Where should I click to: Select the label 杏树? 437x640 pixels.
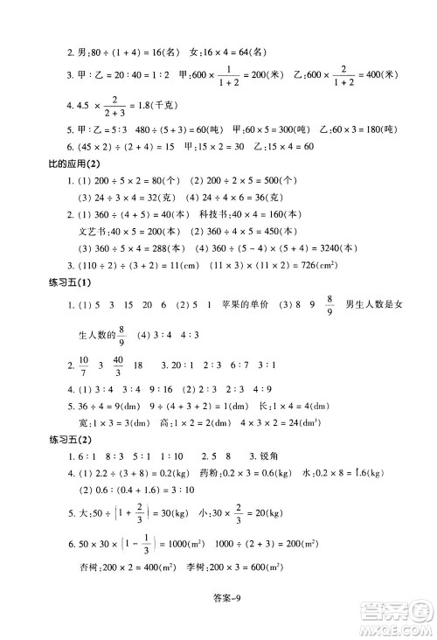pos(92,588)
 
